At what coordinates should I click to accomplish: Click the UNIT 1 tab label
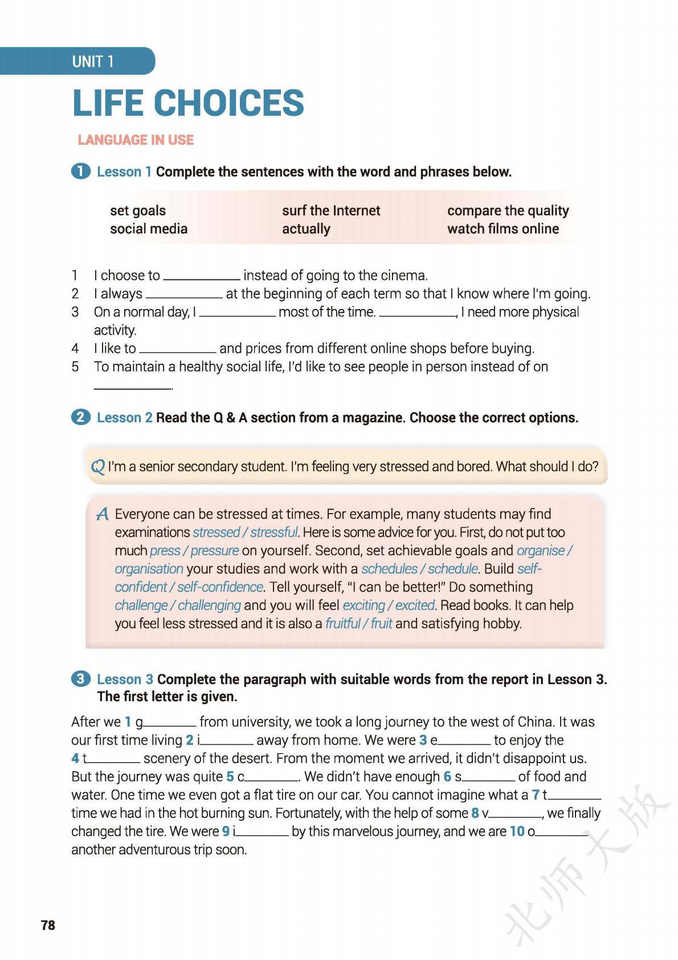click(93, 62)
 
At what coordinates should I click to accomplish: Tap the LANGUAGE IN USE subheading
click(136, 140)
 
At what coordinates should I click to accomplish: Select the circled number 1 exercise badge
click(80, 171)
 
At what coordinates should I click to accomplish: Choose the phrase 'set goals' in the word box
click(138, 210)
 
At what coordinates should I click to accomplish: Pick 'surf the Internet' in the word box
click(330, 210)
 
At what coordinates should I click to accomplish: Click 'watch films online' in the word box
click(503, 229)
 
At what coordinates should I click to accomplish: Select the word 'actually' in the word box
click(306, 229)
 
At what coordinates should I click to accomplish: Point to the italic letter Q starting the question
click(98, 467)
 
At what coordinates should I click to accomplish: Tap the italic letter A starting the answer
click(103, 515)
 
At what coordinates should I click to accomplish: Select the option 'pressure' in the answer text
click(215, 551)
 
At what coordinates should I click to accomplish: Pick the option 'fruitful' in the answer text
click(342, 624)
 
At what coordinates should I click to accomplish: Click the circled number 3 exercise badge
click(80, 678)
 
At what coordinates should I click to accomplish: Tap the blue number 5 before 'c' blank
click(230, 776)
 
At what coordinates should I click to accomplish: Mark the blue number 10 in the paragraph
click(517, 831)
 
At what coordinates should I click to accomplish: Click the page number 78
click(48, 925)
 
